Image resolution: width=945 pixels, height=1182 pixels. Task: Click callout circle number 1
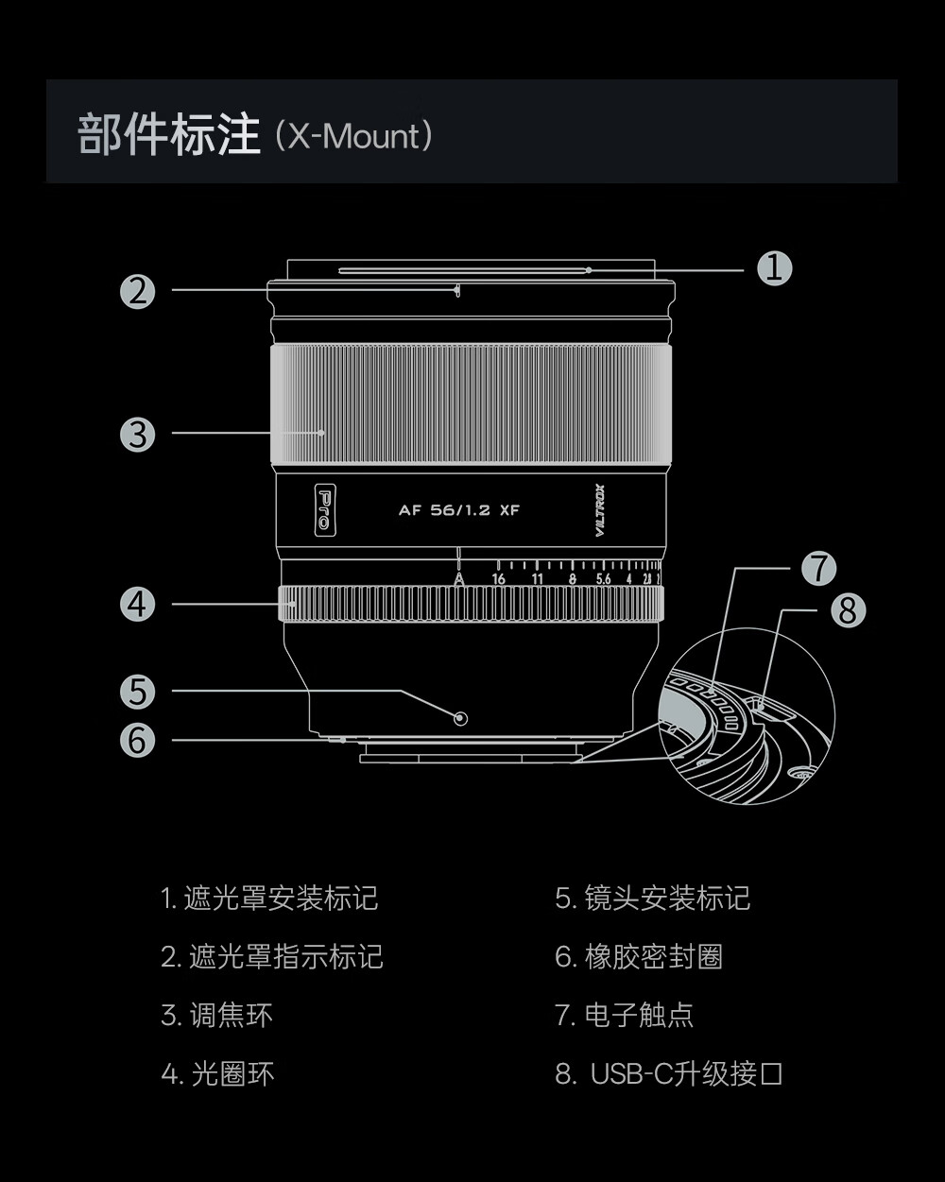[774, 269]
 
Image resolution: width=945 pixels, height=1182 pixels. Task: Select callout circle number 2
[138, 291]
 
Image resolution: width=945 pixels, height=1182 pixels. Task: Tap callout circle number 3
[138, 435]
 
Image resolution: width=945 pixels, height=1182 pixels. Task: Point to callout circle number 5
[138, 693]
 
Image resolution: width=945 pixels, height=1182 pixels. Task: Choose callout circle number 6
[138, 740]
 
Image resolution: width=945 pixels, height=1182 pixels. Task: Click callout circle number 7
[818, 569]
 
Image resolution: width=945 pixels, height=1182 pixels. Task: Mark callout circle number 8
[848, 610]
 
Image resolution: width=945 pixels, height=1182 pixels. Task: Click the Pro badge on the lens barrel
[324, 510]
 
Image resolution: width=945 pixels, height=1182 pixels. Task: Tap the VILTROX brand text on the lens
[600, 510]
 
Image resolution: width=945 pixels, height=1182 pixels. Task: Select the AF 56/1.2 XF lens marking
[459, 510]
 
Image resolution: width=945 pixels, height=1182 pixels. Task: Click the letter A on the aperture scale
[459, 579]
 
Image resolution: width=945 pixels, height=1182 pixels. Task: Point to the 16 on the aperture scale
[499, 579]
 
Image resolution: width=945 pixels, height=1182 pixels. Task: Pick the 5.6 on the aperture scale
[602, 579]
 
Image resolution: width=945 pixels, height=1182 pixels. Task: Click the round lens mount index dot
[460, 718]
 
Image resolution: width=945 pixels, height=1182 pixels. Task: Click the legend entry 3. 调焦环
[216, 1016]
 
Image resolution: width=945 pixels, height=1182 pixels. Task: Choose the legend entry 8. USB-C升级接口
[669, 1074]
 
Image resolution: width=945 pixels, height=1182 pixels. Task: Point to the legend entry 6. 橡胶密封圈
[639, 957]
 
